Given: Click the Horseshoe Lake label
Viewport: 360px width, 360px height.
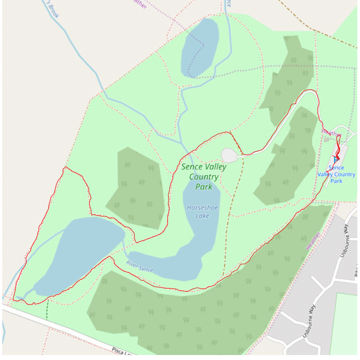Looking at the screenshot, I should coord(198,211).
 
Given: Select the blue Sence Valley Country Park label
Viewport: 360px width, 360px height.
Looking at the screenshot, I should coord(336,174).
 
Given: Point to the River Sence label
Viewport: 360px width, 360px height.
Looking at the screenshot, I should coord(139,266).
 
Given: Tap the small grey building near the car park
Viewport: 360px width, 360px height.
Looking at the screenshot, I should coord(326,140).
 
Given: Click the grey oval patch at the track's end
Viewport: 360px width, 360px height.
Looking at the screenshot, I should coord(229,155).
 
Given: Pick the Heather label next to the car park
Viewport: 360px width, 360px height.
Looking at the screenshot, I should coord(332,134).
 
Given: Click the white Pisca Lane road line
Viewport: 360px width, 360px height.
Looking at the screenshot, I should coord(67,328).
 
